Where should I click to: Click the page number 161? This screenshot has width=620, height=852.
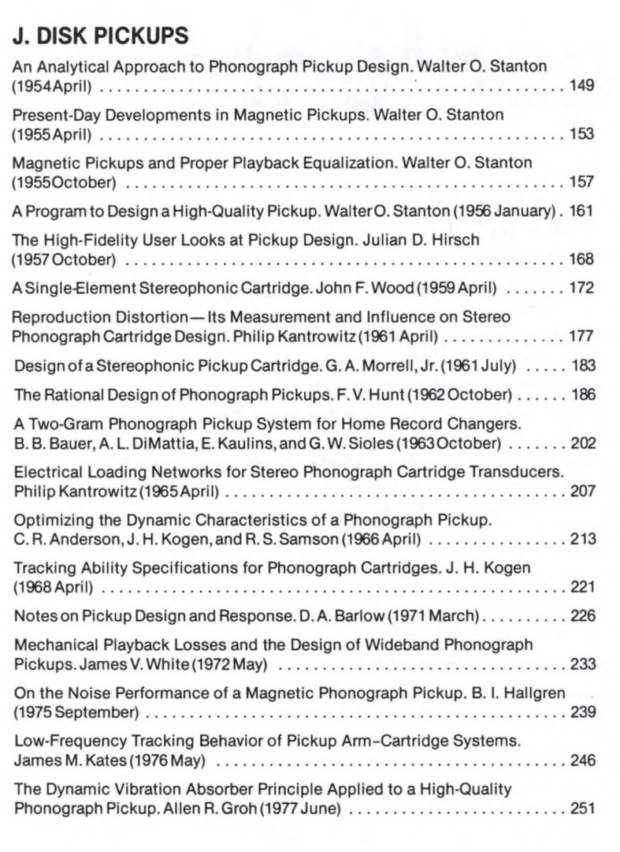pos(581,211)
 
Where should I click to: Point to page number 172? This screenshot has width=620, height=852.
pos(582,289)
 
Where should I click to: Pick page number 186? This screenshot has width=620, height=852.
pos(583,394)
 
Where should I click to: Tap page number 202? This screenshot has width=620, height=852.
pos(583,443)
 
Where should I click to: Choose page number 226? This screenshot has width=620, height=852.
pos(583,616)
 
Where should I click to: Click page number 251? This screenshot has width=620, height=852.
pos(583,809)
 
